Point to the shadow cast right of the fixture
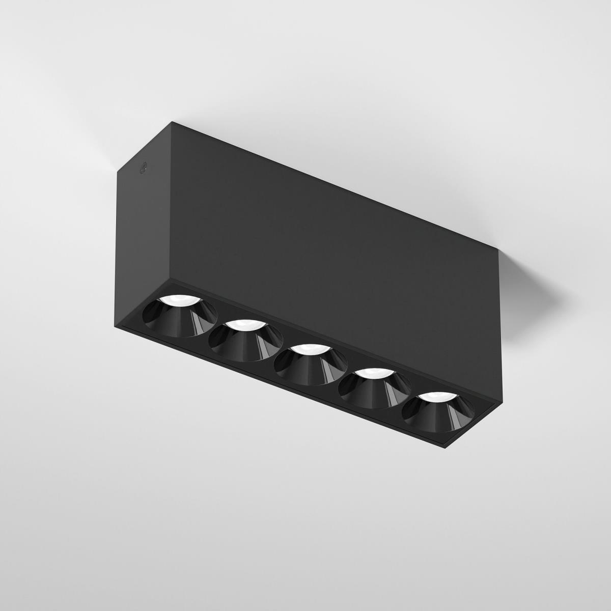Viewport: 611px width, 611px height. tap(530, 285)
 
